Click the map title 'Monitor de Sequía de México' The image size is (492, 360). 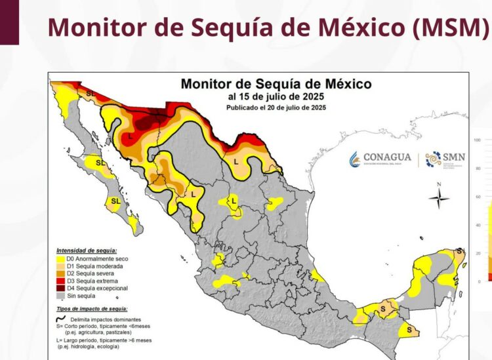(276, 85)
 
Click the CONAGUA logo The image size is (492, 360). (380, 158)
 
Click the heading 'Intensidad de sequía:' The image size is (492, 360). (87, 250)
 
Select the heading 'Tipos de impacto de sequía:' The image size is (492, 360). (92, 308)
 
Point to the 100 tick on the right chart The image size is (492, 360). (478, 140)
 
